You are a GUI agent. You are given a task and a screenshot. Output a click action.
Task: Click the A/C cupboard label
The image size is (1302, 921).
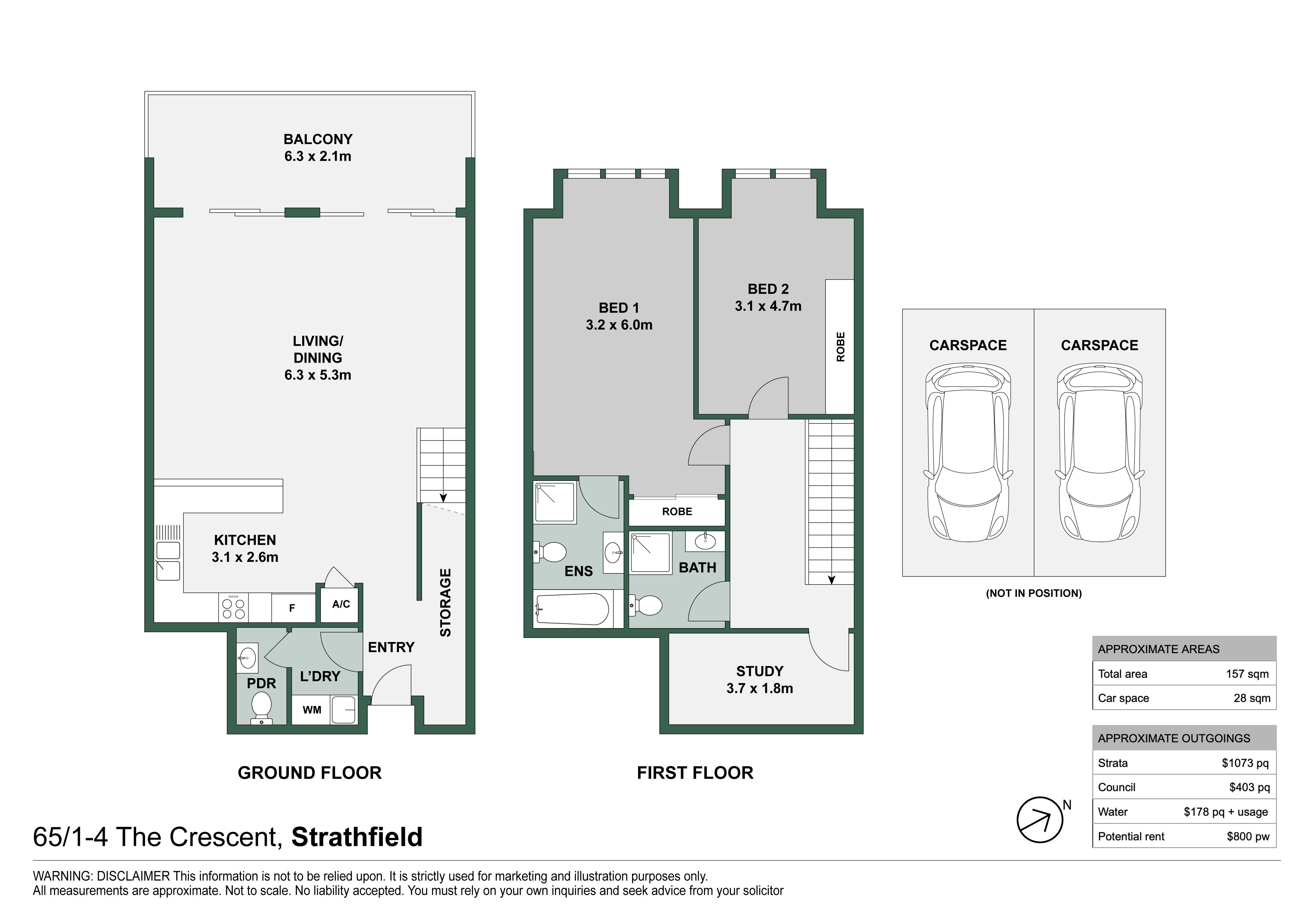pyautogui.click(x=341, y=604)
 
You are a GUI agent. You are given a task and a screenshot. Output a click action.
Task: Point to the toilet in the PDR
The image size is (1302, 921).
pyautogui.click(x=261, y=707)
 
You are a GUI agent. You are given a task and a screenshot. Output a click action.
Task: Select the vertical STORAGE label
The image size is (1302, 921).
pyautogui.click(x=446, y=603)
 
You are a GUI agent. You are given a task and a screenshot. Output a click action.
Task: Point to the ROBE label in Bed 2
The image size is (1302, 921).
pyautogui.click(x=841, y=347)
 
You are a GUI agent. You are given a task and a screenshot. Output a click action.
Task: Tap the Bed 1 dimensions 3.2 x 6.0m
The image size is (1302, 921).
pyautogui.click(x=619, y=325)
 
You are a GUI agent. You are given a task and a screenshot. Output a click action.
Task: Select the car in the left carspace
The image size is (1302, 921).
pyautogui.click(x=968, y=453)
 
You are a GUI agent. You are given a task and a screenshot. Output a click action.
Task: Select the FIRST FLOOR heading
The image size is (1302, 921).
pyautogui.click(x=695, y=773)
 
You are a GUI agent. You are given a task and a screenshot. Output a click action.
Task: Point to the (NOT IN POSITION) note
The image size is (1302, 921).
pyautogui.click(x=1034, y=594)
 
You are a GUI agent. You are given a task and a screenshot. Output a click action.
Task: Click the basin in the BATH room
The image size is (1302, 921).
pyautogui.click(x=705, y=541)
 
